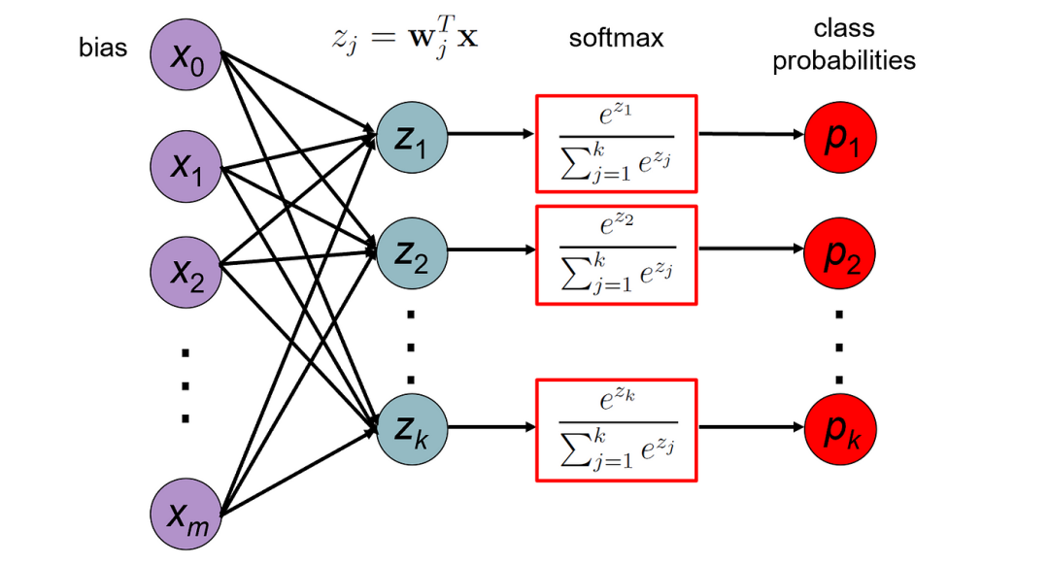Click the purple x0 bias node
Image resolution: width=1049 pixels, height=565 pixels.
pos(186,56)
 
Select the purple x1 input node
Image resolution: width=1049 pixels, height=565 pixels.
pos(186,166)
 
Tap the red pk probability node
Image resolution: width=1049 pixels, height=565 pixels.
pos(840,426)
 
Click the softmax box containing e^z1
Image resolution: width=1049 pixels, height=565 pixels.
pos(616,143)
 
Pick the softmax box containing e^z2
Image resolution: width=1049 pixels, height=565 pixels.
pos(616,254)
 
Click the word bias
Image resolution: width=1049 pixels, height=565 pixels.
pos(103,48)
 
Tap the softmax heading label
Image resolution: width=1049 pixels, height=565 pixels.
pos(616,40)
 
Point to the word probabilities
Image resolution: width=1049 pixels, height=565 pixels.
pos(843,60)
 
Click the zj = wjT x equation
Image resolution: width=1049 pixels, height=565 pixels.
pos(401,41)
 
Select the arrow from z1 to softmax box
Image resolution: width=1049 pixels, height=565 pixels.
pos(491,135)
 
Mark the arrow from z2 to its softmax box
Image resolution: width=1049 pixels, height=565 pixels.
pos(491,249)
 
